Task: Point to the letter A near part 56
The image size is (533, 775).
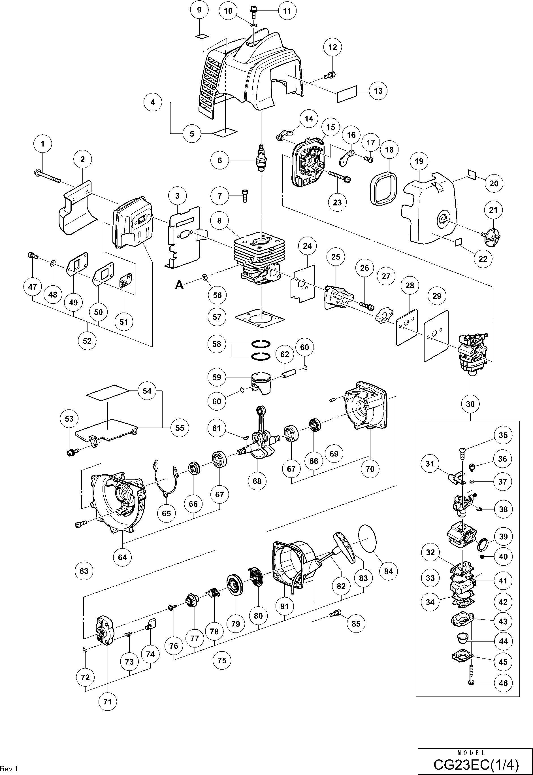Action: [179, 285]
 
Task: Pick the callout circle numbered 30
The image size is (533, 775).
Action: [470, 404]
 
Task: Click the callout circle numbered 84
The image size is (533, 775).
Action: [388, 571]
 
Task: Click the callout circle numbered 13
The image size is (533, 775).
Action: [378, 91]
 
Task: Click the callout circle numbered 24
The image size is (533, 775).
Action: [307, 246]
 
